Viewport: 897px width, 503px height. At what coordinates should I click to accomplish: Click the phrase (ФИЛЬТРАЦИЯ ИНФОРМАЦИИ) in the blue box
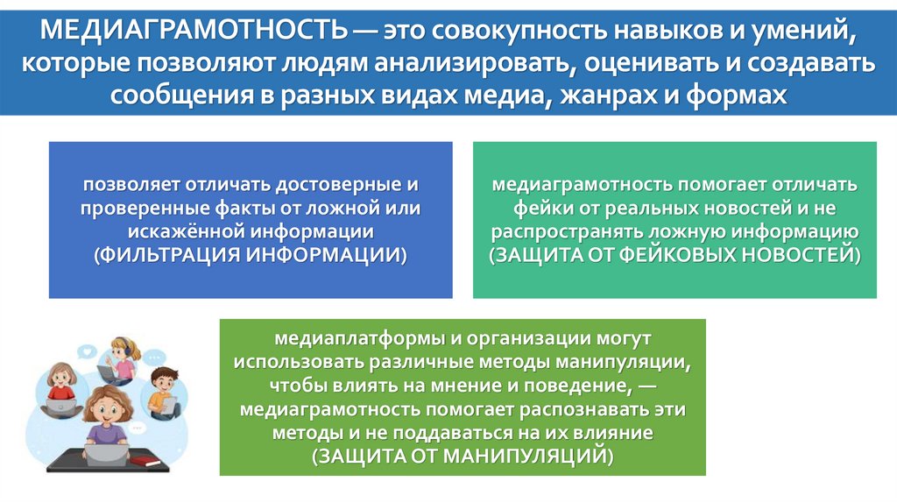click(x=251, y=255)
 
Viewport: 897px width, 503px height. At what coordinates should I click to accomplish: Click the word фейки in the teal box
click(x=537, y=209)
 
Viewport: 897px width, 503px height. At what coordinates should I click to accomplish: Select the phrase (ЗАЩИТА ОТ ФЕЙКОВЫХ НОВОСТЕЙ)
click(x=675, y=255)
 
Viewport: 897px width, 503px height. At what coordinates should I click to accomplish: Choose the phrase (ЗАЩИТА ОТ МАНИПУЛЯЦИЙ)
click(x=462, y=457)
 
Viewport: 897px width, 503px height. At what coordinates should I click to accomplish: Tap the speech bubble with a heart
click(x=89, y=351)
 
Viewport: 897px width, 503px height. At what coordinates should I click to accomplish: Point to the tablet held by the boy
click(x=166, y=406)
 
